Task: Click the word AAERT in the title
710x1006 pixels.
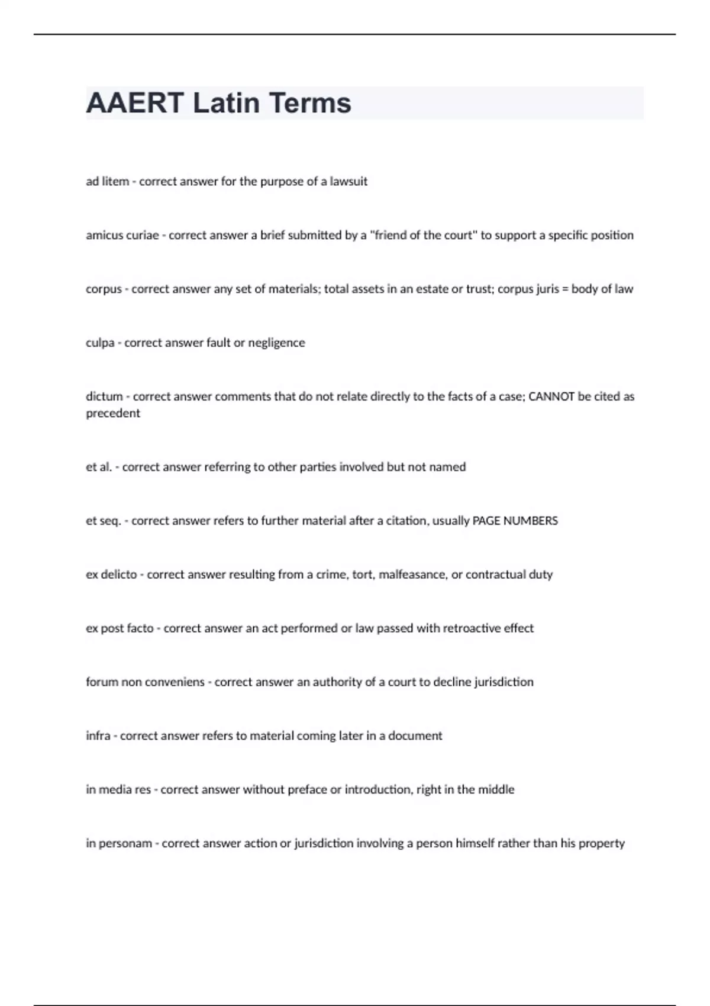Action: coord(135,103)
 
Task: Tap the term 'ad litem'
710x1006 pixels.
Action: coord(107,182)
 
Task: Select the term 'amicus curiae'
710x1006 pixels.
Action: coord(122,236)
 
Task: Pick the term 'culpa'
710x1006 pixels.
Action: coord(100,343)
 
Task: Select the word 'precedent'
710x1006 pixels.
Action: coord(113,414)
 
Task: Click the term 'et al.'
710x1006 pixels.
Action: coord(99,467)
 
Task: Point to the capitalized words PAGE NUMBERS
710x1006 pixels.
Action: coord(515,521)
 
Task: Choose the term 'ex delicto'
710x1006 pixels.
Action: coord(111,575)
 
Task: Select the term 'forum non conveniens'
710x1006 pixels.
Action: coord(145,682)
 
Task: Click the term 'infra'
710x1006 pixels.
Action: coord(98,736)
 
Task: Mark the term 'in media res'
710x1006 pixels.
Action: coord(118,790)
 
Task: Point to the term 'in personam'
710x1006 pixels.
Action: coord(119,844)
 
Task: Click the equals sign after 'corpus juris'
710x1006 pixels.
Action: coord(564,289)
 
